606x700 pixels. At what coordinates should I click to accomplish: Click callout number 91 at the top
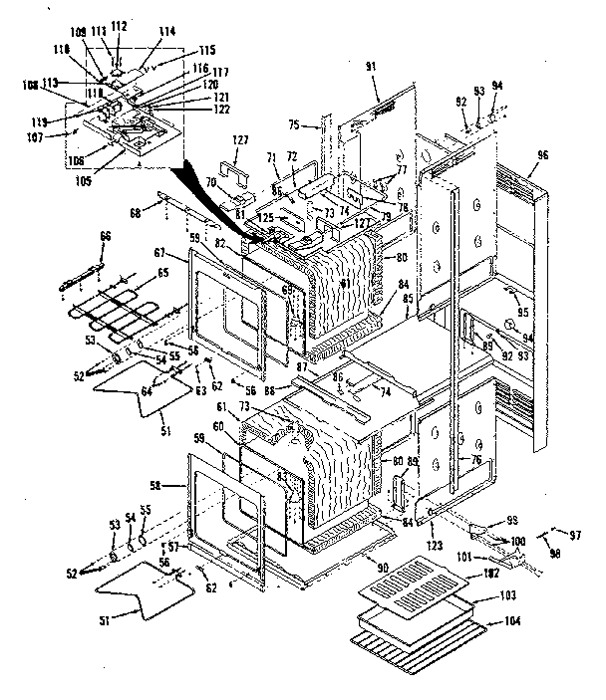[371, 66]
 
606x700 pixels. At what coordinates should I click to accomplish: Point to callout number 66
[105, 236]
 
